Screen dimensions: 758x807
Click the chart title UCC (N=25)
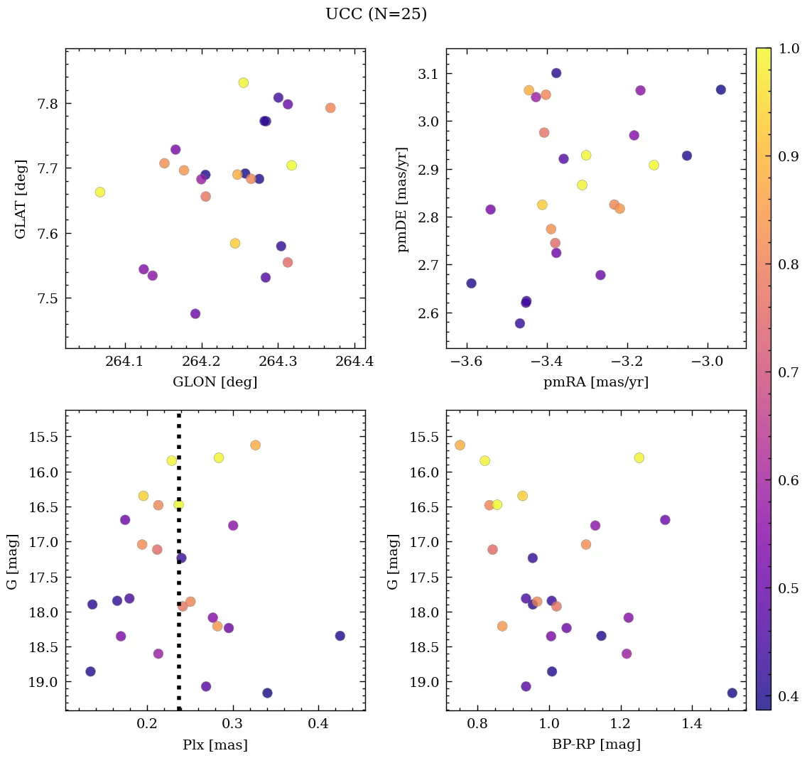click(x=376, y=14)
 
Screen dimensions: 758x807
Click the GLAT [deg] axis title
click(x=21, y=198)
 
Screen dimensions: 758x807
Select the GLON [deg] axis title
click(x=215, y=382)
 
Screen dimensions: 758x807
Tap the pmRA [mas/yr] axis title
click(x=595, y=382)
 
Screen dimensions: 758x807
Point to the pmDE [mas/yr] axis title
click(x=403, y=198)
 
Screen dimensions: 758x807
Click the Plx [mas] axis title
click(x=215, y=745)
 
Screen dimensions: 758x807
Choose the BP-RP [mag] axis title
click(x=595, y=745)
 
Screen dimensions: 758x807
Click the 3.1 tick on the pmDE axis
click(x=428, y=74)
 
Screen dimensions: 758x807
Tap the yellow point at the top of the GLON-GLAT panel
click(x=244, y=82)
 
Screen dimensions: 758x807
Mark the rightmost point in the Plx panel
click(x=340, y=636)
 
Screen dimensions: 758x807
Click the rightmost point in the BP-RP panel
click(x=732, y=693)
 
